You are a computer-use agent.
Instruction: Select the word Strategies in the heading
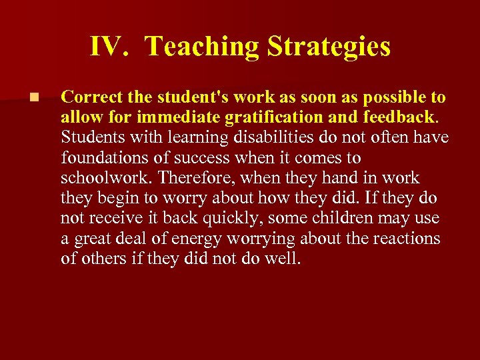pyautogui.click(x=329, y=47)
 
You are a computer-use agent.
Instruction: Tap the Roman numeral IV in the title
pyautogui.click(x=105, y=47)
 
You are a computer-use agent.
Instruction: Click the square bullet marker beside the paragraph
pyautogui.click(x=35, y=98)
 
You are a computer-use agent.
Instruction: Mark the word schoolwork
pyautogui.click(x=97, y=178)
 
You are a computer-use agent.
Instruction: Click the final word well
pyautogui.click(x=285, y=258)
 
